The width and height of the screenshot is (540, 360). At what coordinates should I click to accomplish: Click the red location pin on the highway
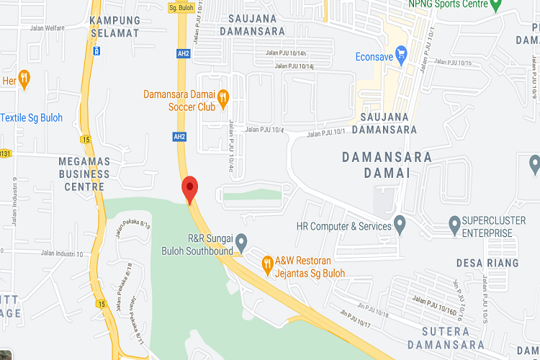[x=189, y=189]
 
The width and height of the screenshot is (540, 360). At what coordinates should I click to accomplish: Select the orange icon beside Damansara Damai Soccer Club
[x=223, y=95]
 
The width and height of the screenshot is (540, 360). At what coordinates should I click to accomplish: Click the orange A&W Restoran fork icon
[x=266, y=263]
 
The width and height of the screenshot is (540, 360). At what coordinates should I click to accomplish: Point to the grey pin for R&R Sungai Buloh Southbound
[x=242, y=240]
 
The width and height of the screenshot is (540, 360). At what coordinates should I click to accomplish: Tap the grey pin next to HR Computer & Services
[x=400, y=225]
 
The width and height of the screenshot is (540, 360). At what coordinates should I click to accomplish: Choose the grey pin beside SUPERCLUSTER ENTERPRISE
[x=454, y=225]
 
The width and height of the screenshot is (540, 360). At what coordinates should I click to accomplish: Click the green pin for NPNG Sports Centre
[x=495, y=5]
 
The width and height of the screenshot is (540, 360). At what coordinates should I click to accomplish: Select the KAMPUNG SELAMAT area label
[x=114, y=26]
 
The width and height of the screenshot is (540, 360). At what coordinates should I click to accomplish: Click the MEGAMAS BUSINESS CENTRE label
[x=84, y=174]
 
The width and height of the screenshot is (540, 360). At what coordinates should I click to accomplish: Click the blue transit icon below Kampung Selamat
[x=96, y=52]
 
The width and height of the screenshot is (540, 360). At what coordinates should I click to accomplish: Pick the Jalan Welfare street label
[x=47, y=28]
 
